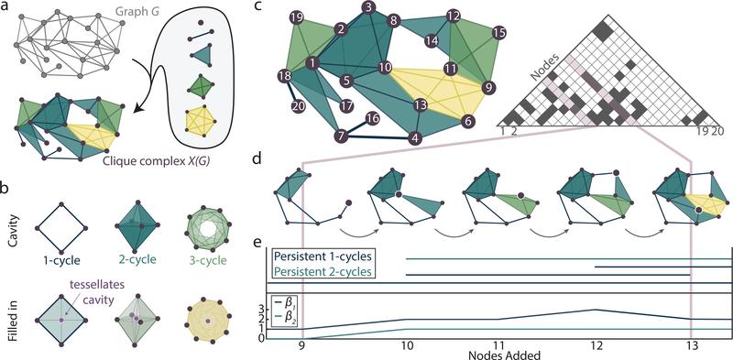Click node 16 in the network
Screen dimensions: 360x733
pyautogui.click(x=371, y=118)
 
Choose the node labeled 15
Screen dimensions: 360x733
pyautogui.click(x=498, y=32)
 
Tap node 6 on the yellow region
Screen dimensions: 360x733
pyautogui.click(x=467, y=120)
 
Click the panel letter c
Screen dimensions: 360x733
pyautogui.click(x=258, y=7)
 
